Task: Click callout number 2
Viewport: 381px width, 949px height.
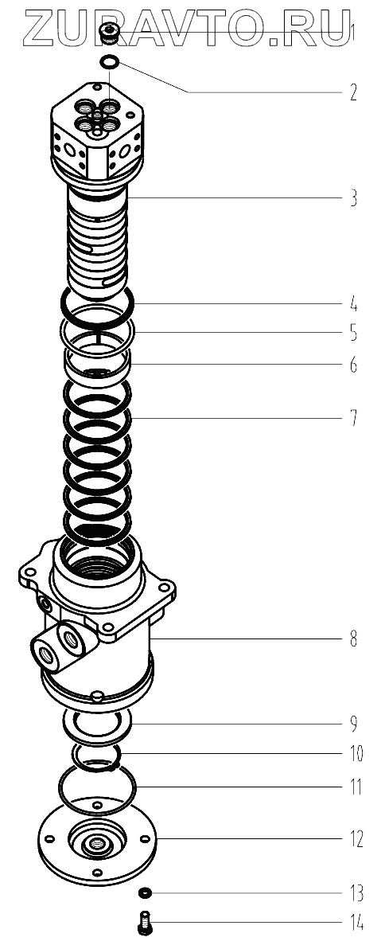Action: (352, 92)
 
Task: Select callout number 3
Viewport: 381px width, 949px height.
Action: (352, 197)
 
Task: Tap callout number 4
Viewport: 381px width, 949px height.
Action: (352, 303)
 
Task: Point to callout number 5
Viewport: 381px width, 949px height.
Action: (352, 333)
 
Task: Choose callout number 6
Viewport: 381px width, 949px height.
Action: (352, 365)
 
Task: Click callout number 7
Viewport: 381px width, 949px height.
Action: (352, 418)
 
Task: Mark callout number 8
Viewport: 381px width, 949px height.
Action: (352, 639)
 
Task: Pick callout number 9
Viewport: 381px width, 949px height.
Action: (352, 723)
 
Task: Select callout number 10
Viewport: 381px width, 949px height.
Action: (355, 753)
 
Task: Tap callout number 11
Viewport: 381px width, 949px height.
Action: (355, 787)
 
